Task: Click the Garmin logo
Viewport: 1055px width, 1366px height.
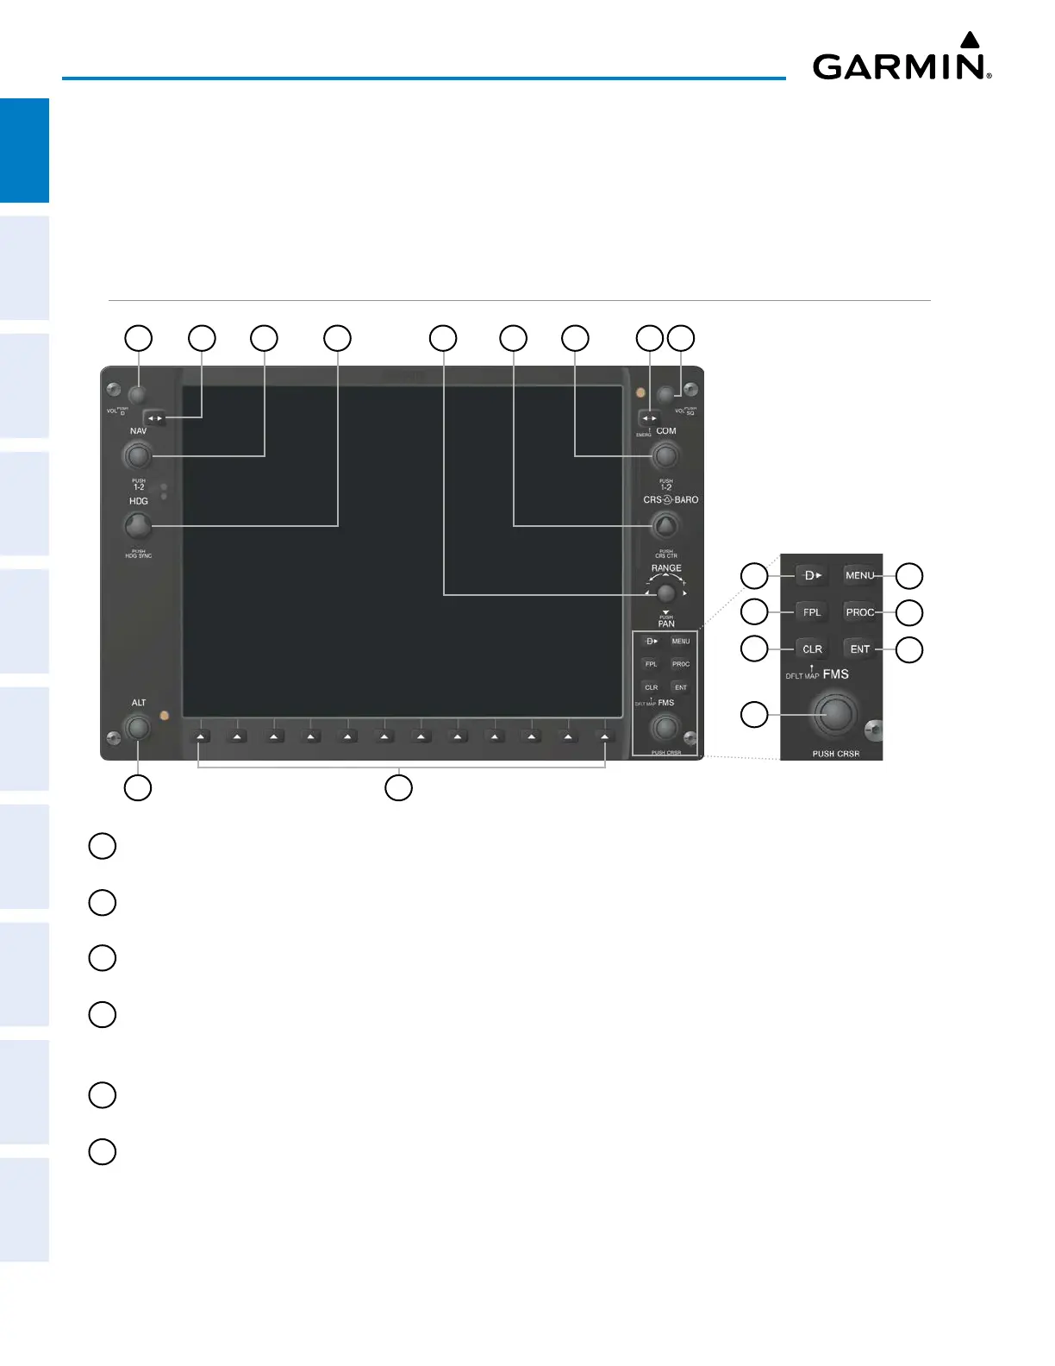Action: tap(902, 59)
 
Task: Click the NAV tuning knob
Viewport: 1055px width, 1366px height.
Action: tap(137, 454)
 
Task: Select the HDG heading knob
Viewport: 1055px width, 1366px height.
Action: tap(137, 524)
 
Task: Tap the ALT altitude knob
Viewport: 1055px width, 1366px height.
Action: tap(138, 728)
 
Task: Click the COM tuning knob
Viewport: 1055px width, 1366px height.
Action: tap(665, 454)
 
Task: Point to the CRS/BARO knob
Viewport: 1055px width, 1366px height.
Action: tap(665, 524)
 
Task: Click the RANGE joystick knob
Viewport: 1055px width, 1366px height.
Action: tap(665, 593)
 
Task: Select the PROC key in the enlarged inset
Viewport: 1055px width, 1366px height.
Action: tap(859, 612)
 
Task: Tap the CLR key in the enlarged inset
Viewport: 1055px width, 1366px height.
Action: tap(812, 649)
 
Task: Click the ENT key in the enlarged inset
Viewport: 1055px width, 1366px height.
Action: tap(859, 649)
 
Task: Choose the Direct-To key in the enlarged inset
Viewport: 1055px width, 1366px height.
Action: tap(811, 575)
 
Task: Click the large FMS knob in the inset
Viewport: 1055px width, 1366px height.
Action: tap(834, 714)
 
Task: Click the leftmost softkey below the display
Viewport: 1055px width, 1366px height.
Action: tap(200, 736)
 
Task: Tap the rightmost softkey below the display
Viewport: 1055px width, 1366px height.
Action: tap(605, 736)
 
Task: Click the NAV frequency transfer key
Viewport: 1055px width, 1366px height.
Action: tap(154, 418)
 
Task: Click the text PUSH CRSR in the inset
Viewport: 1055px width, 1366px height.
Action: tap(835, 754)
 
